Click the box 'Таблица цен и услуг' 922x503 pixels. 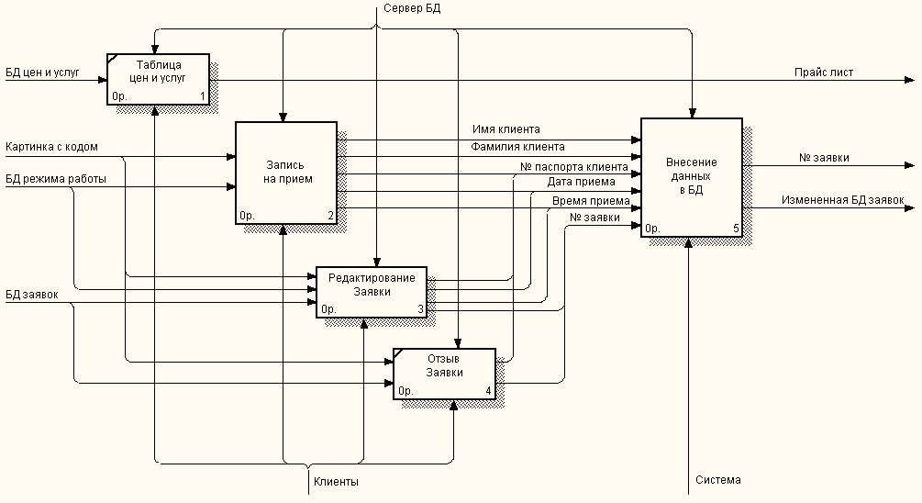tap(158, 80)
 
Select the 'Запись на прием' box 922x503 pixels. tap(286, 173)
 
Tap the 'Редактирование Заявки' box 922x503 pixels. tap(372, 292)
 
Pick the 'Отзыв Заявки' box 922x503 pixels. tap(445, 374)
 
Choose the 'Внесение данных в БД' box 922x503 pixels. tap(692, 178)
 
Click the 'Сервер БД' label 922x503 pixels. tap(412, 8)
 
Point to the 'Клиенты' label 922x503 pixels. tap(336, 482)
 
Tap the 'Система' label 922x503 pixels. tap(718, 479)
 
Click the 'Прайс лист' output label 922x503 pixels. tap(824, 73)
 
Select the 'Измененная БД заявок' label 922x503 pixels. tap(842, 200)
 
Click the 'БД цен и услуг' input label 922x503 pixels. tap(42, 73)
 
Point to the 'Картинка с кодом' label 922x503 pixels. tap(51, 147)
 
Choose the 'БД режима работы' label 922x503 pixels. tap(56, 179)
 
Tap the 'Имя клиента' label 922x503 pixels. tap(506, 129)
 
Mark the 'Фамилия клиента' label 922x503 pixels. tap(517, 147)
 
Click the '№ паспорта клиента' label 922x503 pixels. tap(574, 167)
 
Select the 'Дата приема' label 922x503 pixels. tap(581, 182)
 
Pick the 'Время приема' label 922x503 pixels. tap(591, 201)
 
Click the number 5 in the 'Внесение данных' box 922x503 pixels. tap(736, 229)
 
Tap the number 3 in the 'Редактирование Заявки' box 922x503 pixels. tap(420, 308)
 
